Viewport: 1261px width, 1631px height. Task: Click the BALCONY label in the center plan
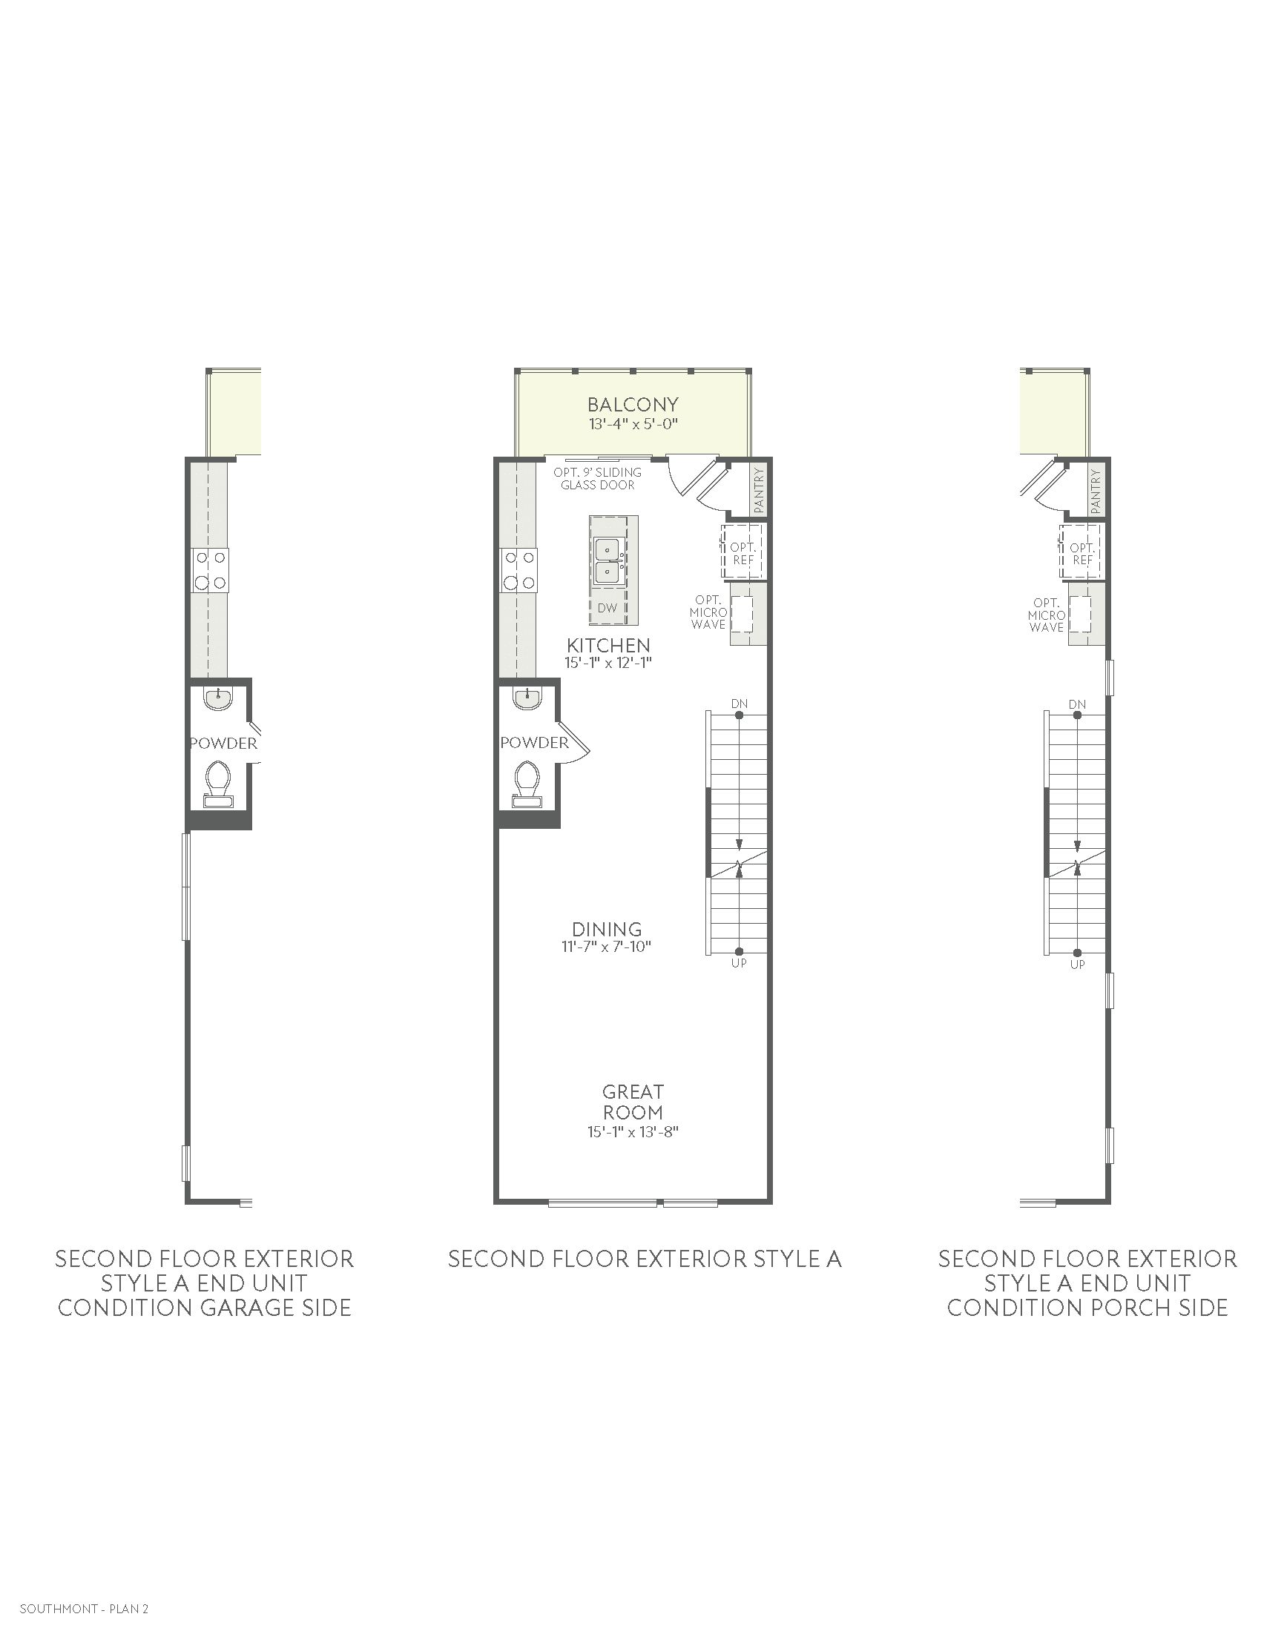633,405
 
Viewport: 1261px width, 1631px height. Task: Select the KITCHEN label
608,645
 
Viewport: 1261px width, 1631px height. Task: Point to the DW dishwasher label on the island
608,608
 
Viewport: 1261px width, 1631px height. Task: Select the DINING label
608,929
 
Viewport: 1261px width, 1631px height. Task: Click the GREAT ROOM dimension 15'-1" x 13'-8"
633,1132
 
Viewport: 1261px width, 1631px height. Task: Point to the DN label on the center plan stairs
739,704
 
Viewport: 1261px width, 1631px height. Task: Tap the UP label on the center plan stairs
739,962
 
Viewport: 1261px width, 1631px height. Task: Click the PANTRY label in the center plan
760,490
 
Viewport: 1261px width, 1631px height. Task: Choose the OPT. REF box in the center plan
743,551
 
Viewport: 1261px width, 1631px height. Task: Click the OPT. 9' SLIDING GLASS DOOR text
598,479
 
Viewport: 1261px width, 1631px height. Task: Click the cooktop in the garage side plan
211,569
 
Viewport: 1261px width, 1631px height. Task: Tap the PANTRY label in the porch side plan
1096,491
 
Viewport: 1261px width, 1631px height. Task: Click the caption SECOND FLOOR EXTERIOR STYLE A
645,1259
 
